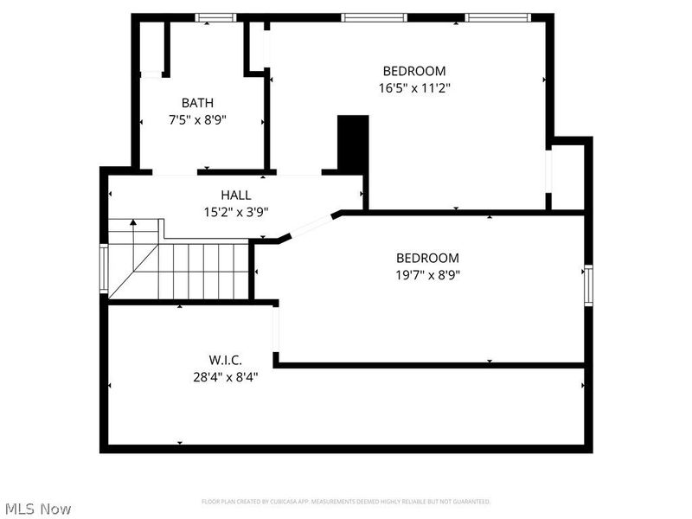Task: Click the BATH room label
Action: [x=198, y=103]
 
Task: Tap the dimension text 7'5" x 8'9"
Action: [x=198, y=120]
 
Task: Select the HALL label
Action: [x=236, y=195]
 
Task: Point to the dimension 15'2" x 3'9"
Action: [x=236, y=212]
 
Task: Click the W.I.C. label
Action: [x=225, y=359]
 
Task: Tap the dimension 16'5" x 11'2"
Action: [x=414, y=87]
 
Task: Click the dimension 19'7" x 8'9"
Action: [x=427, y=275]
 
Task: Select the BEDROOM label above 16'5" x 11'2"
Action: [x=414, y=71]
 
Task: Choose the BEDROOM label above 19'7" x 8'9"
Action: [x=427, y=258]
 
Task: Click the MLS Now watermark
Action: [x=37, y=509]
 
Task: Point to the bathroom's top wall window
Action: [x=215, y=17]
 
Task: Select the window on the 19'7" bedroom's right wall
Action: [x=588, y=285]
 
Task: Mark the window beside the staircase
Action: [x=104, y=270]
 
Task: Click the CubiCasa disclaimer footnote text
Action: [x=346, y=502]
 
